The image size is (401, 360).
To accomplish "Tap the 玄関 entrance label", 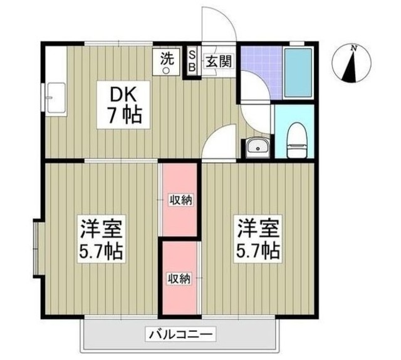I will pos(217,61).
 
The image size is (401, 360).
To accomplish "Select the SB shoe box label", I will pos(192,60).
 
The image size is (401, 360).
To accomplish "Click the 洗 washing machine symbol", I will pos(167,63).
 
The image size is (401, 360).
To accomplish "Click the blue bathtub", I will pos(298,73).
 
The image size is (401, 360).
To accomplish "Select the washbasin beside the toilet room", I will pos(257,148).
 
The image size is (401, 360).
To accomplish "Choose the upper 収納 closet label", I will pos(180,200).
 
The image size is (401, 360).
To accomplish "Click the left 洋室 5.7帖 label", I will pos(100,240).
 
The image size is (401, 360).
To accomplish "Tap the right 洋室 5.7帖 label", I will pos(258,240).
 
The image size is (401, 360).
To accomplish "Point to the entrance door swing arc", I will pos(222,25).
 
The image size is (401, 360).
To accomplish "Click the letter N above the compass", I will pos(354,48).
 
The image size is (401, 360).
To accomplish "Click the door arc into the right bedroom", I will pos(221,141).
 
